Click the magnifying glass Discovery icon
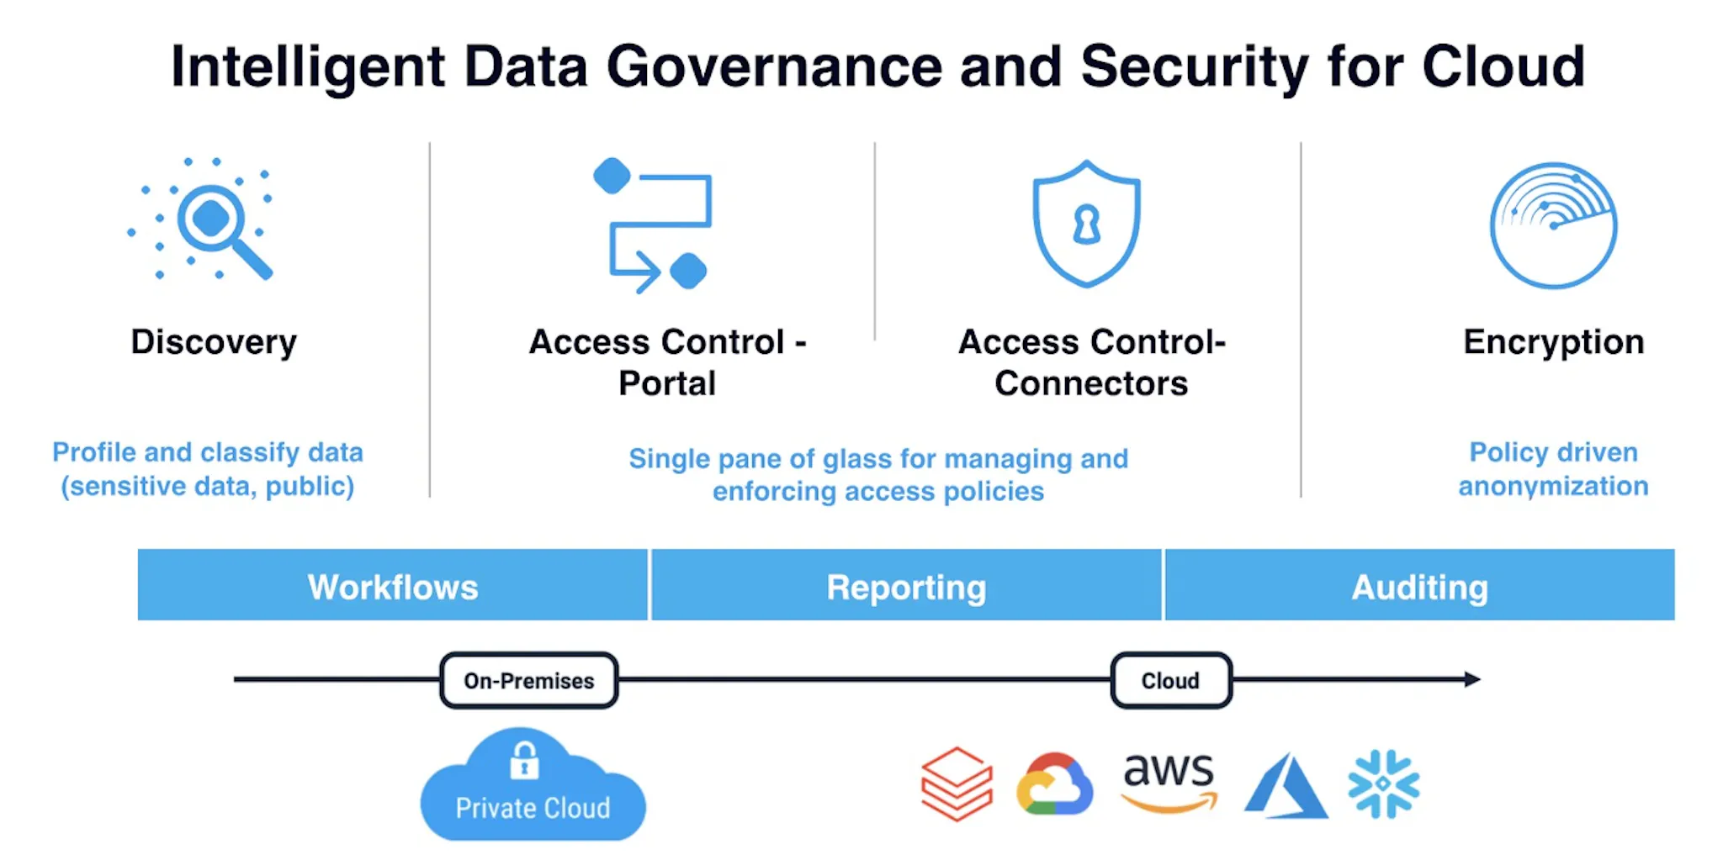(x=202, y=219)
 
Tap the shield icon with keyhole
(x=1086, y=224)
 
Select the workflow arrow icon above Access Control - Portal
(x=652, y=225)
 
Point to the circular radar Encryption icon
(x=1553, y=225)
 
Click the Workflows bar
(x=393, y=585)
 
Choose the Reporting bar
(x=906, y=585)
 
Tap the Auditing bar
(x=1419, y=585)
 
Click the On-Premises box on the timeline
(x=529, y=680)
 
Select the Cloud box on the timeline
(x=1171, y=680)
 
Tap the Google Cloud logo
(x=1054, y=784)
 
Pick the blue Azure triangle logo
(x=1285, y=786)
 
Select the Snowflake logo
(x=1383, y=783)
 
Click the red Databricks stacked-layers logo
(x=957, y=783)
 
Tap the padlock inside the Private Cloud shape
(x=524, y=761)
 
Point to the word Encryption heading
(x=1553, y=342)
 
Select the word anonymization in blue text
(x=1553, y=486)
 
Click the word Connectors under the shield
(x=1091, y=383)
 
